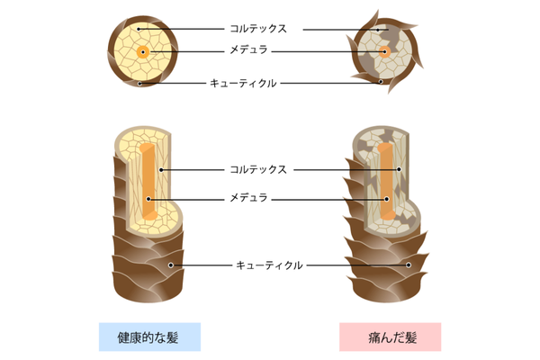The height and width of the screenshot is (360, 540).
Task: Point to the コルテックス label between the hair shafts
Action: point(257,168)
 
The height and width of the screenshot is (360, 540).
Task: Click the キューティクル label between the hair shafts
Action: point(268,265)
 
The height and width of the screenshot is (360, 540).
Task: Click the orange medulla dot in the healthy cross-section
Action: point(142,53)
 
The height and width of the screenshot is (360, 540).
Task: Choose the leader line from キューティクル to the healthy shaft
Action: point(202,265)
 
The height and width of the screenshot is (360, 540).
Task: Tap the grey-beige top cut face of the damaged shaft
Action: point(382,139)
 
